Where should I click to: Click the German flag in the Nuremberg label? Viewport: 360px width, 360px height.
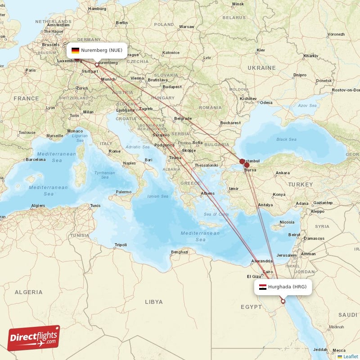(x=75, y=50)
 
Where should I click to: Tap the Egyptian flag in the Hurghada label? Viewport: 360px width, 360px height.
(x=263, y=287)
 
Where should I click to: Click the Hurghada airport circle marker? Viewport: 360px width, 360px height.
(x=283, y=301)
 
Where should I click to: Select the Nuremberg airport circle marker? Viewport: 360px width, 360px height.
(x=96, y=65)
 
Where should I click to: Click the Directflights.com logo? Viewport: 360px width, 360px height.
(x=33, y=338)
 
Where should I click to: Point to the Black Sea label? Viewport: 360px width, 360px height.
(x=286, y=139)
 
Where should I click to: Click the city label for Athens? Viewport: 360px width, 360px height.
(x=207, y=193)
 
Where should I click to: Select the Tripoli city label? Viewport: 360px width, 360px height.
(x=121, y=245)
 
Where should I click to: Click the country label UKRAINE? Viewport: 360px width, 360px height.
(x=261, y=68)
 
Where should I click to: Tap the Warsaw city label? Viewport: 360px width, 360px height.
(x=186, y=27)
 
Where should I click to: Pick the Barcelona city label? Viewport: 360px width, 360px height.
(x=36, y=159)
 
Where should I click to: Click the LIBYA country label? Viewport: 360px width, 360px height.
(x=153, y=301)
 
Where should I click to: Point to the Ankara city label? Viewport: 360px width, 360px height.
(x=282, y=173)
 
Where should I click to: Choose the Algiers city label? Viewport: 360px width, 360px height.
(x=37, y=206)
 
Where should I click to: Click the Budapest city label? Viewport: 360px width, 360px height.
(x=172, y=87)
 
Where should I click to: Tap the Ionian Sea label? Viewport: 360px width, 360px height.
(x=157, y=196)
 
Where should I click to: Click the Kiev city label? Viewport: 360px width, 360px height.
(x=261, y=50)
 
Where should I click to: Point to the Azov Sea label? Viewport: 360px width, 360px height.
(x=307, y=106)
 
